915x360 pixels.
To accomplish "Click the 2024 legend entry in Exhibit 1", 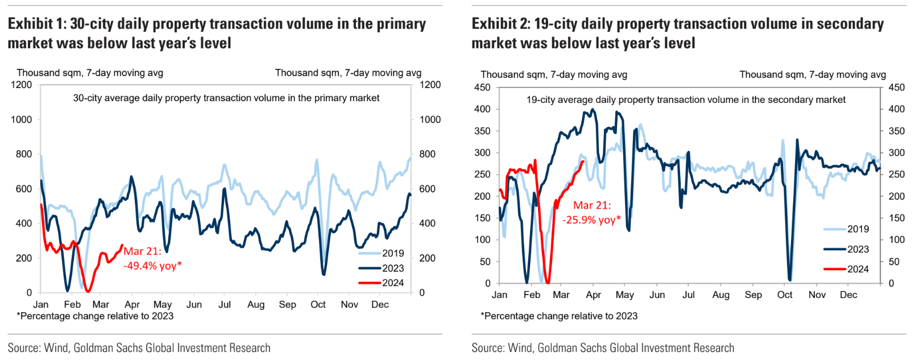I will pos(392,283).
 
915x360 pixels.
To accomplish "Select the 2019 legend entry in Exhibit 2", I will pos(858,229).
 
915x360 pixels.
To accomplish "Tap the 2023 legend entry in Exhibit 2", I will pos(858,249).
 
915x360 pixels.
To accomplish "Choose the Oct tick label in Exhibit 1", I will pos(318,304).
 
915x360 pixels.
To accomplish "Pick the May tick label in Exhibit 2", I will pos(624,295).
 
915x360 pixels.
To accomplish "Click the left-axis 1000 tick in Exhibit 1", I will pos(22,119).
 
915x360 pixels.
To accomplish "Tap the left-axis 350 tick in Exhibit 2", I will pos(482,131).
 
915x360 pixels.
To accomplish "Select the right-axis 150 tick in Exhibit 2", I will pos(896,218).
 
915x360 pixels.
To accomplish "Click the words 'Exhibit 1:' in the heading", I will pos(37,24).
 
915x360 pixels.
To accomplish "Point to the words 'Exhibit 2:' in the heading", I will pos(501,24).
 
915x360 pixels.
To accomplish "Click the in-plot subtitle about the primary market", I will pos(226,98).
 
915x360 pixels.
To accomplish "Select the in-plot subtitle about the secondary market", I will pos(685,100).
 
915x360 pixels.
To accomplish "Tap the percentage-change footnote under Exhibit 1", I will pos(95,316).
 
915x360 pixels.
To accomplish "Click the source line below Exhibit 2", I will pos(603,347).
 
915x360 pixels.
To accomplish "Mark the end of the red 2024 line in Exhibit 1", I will pos(122,246).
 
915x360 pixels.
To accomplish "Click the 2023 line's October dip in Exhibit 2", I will pos(790,279).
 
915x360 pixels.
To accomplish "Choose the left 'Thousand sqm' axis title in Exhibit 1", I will pos(90,73).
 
